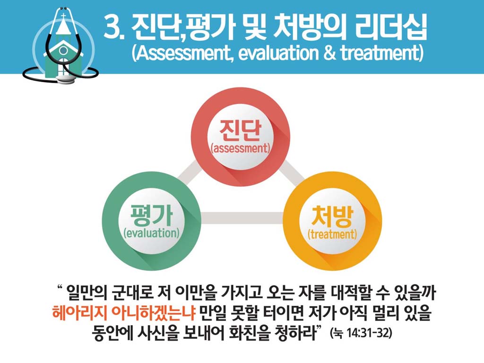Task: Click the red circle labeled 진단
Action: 240,137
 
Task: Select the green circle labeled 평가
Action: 152,221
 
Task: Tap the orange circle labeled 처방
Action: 332,221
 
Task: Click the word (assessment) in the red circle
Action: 241,148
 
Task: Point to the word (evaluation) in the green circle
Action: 152,233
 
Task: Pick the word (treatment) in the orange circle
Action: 332,234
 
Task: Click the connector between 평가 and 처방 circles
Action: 242,218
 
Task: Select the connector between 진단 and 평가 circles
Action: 190,173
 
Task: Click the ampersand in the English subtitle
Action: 329,53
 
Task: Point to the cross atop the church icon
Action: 63,16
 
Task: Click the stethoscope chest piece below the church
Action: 67,79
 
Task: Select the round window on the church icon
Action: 63,50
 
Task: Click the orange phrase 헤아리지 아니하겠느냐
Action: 124,313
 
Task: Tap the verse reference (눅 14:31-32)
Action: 361,333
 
